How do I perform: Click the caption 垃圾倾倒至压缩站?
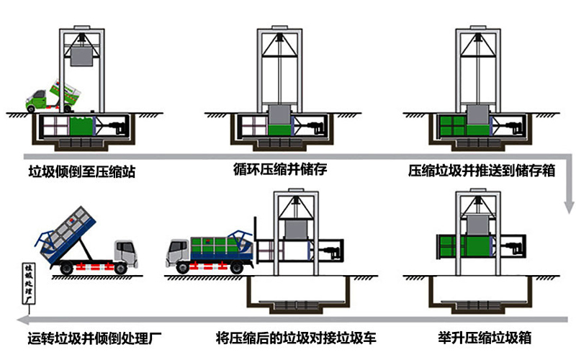pyautogui.click(x=81, y=172)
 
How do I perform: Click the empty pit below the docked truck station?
pyautogui.click(x=296, y=291)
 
